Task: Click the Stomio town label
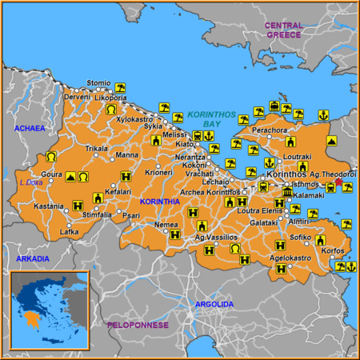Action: click(x=98, y=82)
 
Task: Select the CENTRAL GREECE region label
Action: click(x=283, y=30)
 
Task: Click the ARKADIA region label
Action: click(x=33, y=258)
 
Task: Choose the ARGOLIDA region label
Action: click(x=214, y=304)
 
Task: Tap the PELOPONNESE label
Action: click(x=138, y=325)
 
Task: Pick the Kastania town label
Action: click(x=48, y=206)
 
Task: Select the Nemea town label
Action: click(x=166, y=225)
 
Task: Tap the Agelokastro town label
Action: click(x=290, y=258)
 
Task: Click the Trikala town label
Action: click(x=96, y=149)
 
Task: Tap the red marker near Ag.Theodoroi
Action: click(x=338, y=182)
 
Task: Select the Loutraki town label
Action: click(x=297, y=157)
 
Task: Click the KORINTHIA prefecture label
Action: click(x=159, y=202)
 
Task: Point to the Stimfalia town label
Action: click(x=97, y=214)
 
